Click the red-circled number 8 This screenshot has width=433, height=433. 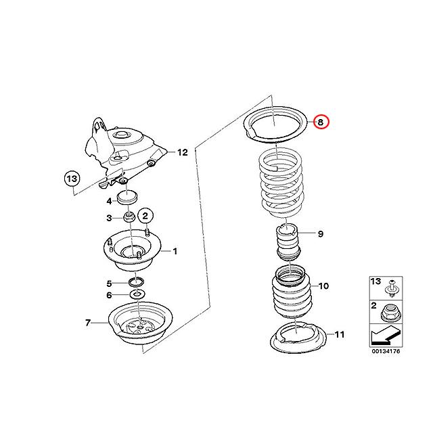[x=322, y=122]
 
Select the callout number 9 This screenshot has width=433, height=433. [x=320, y=234]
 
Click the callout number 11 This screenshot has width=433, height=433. [x=340, y=334]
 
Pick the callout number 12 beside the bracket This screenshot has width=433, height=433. [x=182, y=152]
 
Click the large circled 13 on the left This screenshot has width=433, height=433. [x=72, y=179]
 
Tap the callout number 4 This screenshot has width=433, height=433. [x=108, y=201]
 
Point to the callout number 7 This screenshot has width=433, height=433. [x=88, y=323]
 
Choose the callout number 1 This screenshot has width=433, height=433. [x=174, y=252]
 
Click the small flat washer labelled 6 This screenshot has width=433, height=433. [x=138, y=295]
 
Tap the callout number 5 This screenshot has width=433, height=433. [x=108, y=283]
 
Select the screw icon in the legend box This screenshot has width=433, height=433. [x=390, y=290]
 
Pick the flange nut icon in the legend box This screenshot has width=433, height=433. [x=390, y=313]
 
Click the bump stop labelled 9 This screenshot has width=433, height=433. [x=287, y=244]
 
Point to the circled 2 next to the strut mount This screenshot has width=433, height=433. [x=145, y=215]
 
